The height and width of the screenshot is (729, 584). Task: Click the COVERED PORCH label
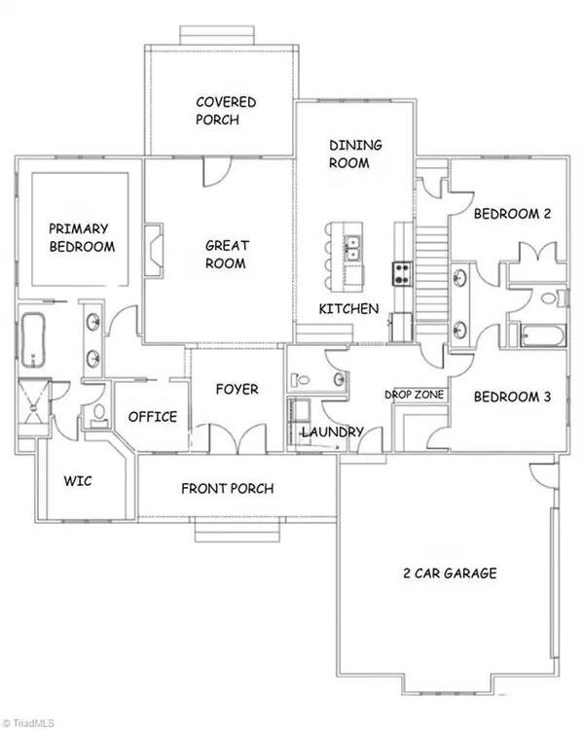click(x=225, y=111)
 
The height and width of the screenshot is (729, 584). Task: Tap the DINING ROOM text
click(x=354, y=155)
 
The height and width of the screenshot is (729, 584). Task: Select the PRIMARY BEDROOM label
click(x=82, y=237)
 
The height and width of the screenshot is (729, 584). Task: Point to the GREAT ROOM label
click(x=225, y=254)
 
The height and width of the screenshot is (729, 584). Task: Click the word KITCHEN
click(x=348, y=309)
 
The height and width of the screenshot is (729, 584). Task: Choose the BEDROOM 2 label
click(x=512, y=215)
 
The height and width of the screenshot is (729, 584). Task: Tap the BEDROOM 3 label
click(x=512, y=397)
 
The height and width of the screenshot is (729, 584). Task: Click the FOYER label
click(x=237, y=389)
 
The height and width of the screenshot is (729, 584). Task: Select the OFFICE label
click(x=153, y=417)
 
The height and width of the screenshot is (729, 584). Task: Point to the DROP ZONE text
click(x=415, y=395)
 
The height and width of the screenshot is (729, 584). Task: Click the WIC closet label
click(x=77, y=480)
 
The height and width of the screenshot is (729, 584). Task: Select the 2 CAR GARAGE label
click(x=449, y=573)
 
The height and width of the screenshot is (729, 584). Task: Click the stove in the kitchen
click(x=401, y=272)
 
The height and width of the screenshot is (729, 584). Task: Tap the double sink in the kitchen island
click(x=355, y=249)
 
